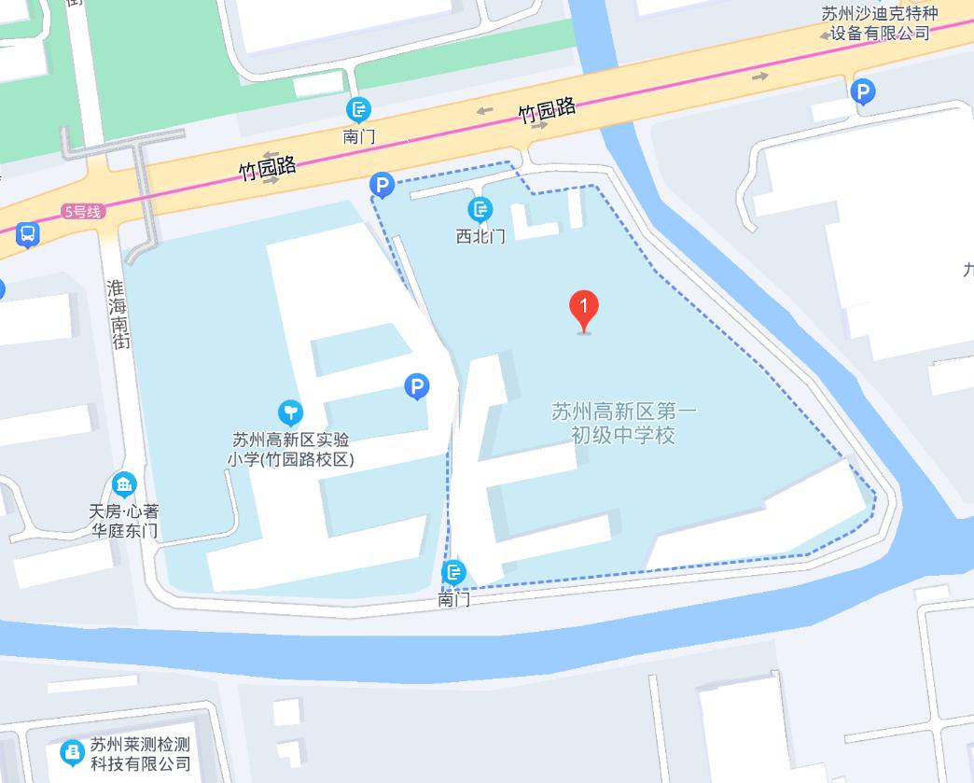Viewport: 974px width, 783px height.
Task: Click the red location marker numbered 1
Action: (x=584, y=309)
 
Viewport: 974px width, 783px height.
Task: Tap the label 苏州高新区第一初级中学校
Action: (x=623, y=423)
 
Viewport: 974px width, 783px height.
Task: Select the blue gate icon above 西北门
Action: (x=480, y=210)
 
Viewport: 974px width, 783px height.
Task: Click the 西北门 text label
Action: (x=480, y=236)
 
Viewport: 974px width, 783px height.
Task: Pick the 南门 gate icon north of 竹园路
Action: (x=359, y=109)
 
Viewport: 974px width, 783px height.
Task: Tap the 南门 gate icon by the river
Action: (x=454, y=572)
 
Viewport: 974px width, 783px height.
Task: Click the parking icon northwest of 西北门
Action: (x=382, y=186)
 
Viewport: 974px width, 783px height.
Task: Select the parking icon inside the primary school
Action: (x=417, y=386)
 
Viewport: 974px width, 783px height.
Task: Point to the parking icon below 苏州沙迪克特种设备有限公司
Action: (x=863, y=91)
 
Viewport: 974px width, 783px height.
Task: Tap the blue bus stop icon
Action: (x=28, y=234)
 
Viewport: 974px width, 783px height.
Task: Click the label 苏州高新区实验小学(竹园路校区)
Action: (x=292, y=449)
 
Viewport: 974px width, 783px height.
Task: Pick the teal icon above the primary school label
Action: (x=291, y=412)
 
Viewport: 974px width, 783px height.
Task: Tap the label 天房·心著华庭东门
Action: (x=124, y=521)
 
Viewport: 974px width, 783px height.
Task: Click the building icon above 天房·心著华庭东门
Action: (x=123, y=484)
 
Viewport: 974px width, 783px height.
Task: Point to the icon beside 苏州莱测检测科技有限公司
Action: (x=72, y=752)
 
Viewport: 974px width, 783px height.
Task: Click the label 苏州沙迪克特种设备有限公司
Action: (x=878, y=23)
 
